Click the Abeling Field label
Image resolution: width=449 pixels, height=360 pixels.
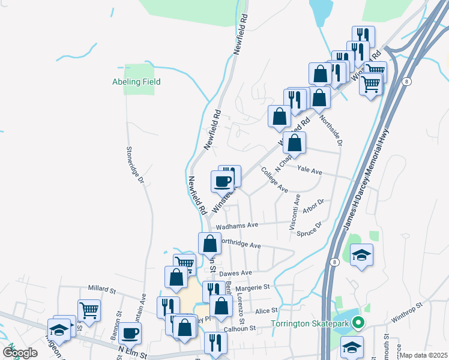tap(136, 82)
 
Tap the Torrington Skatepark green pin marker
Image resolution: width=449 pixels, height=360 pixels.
tap(359, 323)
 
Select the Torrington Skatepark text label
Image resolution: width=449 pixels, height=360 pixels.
tap(310, 325)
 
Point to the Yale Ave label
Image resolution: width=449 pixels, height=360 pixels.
tap(310, 172)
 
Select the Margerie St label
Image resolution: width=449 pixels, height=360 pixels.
tap(252, 288)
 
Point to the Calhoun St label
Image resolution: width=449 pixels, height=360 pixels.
tap(240, 328)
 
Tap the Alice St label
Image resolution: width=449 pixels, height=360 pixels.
tap(267, 311)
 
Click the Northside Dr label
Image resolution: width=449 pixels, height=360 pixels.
tap(331, 131)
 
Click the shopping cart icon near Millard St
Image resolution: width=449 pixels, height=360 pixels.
tap(89, 310)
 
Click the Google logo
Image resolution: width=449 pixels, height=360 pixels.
tap(20, 353)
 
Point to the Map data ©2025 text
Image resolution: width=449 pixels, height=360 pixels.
tap(423, 355)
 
